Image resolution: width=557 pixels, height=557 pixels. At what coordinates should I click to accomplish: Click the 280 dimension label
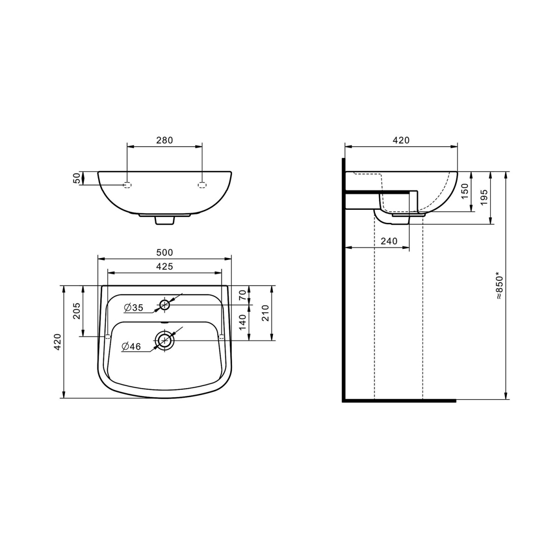click(164, 140)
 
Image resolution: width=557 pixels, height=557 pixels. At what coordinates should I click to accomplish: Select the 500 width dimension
click(164, 253)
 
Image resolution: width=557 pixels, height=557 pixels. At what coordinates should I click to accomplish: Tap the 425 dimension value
click(164, 266)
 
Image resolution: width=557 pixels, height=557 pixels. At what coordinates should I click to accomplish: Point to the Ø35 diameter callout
click(134, 308)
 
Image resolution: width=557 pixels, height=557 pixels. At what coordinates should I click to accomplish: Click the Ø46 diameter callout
click(131, 346)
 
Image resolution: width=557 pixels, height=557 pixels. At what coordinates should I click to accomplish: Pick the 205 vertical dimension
click(76, 311)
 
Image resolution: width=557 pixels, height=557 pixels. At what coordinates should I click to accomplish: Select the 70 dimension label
click(242, 295)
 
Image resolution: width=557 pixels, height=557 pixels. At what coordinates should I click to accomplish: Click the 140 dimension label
click(242, 322)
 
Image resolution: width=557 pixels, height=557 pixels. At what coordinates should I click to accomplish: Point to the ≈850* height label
click(499, 285)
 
